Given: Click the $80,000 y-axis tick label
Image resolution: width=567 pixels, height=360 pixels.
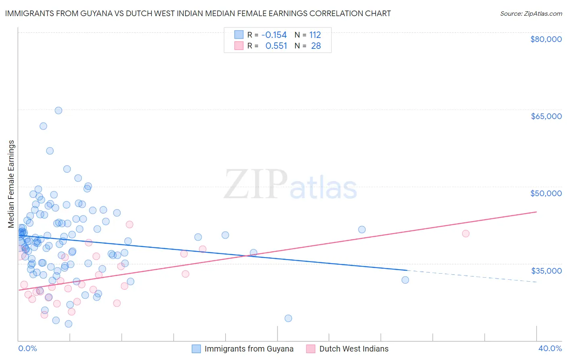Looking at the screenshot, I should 546,39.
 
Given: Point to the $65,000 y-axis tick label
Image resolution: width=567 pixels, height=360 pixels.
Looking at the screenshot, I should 546,116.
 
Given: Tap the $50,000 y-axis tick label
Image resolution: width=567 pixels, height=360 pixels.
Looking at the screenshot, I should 546,193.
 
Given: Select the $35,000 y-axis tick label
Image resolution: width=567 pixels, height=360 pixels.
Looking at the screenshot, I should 546,270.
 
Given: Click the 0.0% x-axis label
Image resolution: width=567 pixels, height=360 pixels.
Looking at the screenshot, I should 27,348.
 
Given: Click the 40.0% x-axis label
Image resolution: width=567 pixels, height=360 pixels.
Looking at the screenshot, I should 550,348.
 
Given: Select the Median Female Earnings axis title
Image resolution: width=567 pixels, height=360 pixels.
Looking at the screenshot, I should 11,184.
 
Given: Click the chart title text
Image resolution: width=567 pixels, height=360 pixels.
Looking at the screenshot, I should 198,13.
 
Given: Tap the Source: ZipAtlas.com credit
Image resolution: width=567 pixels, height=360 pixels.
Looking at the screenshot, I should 531,13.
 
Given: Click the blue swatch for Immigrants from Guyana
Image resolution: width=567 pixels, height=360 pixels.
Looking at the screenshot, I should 196,349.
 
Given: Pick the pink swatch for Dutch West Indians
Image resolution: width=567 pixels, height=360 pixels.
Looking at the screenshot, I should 311,349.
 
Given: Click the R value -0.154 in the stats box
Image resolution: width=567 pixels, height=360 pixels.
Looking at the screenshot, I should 274,35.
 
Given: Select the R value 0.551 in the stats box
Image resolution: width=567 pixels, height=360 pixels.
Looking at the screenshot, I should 276,46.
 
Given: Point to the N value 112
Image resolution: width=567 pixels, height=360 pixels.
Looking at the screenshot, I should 315,35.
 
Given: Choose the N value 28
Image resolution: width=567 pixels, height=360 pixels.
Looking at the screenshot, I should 316,46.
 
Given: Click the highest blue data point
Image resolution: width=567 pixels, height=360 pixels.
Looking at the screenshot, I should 58,111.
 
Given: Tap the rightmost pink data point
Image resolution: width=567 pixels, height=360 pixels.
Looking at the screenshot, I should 466,233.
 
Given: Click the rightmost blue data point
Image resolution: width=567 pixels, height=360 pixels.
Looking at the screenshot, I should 405,280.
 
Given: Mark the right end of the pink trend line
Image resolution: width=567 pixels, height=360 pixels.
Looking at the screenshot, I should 537,211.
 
